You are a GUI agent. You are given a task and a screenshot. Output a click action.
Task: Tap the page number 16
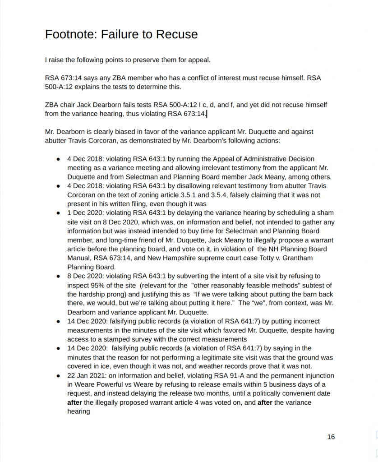tap(331, 437)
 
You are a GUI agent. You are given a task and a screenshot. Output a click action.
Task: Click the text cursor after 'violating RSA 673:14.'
tap(207, 114)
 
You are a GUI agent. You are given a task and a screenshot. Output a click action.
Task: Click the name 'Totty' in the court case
tap(261, 258)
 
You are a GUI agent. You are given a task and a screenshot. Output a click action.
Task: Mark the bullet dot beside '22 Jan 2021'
tap(59, 375)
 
